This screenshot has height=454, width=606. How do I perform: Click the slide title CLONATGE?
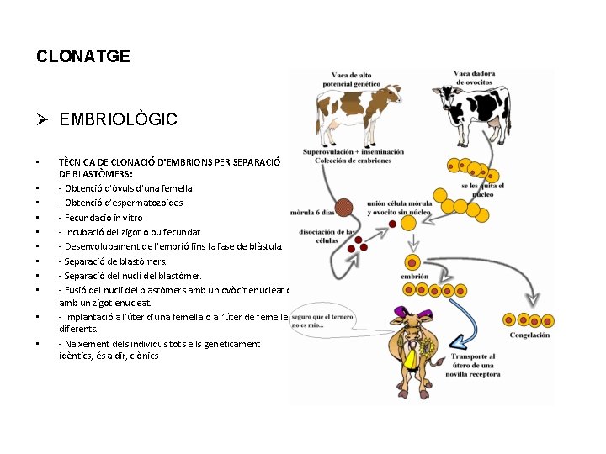tap(83, 56)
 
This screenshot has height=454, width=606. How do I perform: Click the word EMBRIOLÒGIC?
tap(118, 119)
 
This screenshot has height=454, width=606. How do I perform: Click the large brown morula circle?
tap(343, 208)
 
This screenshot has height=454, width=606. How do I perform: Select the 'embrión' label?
tap(414, 276)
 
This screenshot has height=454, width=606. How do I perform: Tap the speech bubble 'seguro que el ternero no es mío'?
tap(322, 321)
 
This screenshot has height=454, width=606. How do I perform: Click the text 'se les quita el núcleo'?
tap(482, 188)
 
